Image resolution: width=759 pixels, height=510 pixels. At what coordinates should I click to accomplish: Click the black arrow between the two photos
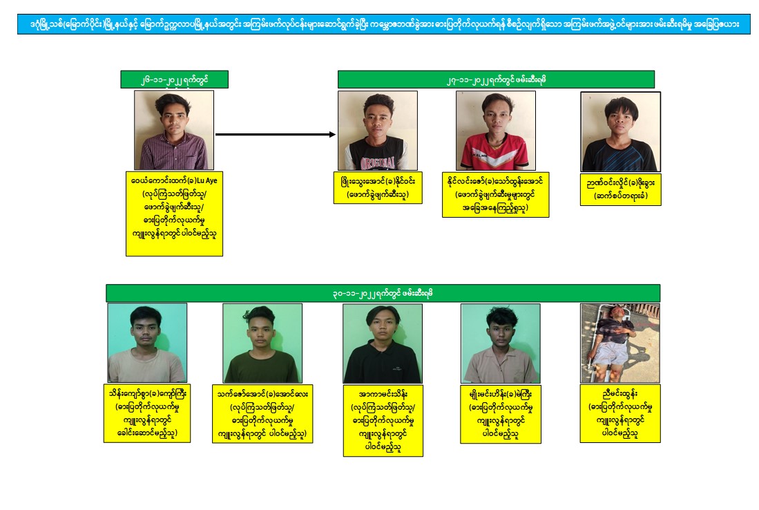[276, 134]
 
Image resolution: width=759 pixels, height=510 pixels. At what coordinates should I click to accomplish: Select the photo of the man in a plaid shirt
[174, 130]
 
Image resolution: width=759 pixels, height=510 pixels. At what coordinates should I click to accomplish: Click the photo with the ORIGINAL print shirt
[378, 131]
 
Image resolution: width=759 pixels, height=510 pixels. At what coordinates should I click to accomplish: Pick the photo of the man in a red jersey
[496, 131]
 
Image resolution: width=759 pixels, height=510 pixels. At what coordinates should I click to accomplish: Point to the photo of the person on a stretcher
[620, 343]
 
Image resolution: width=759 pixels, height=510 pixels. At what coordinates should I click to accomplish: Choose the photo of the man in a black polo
[383, 343]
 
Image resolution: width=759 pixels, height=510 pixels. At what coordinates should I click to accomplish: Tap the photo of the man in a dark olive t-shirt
[262, 343]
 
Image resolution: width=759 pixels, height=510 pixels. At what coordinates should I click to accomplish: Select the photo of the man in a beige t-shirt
[147, 343]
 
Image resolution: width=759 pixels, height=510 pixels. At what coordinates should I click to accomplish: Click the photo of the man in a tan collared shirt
[501, 343]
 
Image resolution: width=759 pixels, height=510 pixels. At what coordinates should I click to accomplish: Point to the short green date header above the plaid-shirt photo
[174, 79]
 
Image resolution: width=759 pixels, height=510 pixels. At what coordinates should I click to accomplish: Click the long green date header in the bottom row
[383, 293]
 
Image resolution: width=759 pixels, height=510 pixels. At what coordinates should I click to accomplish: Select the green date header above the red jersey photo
[496, 79]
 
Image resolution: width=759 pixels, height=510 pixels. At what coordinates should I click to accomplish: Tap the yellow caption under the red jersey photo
[496, 195]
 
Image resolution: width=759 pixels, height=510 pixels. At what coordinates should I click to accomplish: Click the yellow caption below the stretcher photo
[620, 414]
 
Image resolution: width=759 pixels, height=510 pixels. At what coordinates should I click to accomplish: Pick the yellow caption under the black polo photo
[383, 420]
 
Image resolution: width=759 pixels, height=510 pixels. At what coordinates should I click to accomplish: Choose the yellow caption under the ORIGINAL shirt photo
[378, 187]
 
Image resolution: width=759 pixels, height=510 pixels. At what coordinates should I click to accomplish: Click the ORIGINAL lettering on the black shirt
[378, 162]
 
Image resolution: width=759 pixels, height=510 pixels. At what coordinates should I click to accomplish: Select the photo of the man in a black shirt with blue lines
[621, 132]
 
